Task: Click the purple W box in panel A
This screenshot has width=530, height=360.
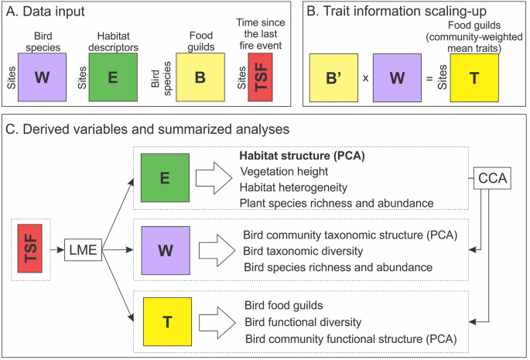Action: pyautogui.click(x=46, y=75)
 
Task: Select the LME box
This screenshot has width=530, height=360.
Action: pyautogui.click(x=84, y=249)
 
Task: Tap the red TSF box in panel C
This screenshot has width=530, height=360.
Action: pyautogui.click(x=33, y=249)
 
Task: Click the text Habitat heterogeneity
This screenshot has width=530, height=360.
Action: pyautogui.click(x=293, y=187)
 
